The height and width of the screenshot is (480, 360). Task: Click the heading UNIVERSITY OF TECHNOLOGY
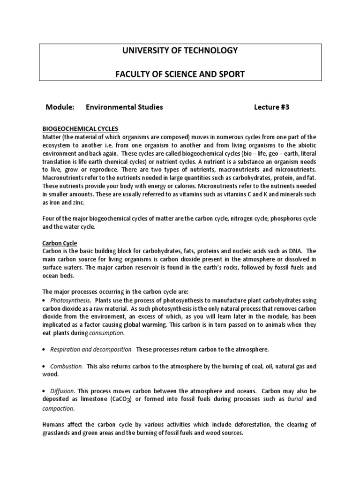click(180, 51)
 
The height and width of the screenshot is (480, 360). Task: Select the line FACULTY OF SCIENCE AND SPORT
click(180, 74)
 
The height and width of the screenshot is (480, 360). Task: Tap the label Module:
click(60, 107)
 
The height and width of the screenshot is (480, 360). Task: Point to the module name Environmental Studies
click(124, 107)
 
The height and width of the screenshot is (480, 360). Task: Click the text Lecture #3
click(272, 107)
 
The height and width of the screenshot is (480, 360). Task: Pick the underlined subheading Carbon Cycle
click(60, 243)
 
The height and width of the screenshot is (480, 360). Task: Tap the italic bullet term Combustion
click(67, 366)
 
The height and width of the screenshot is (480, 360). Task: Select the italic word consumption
click(107, 333)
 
